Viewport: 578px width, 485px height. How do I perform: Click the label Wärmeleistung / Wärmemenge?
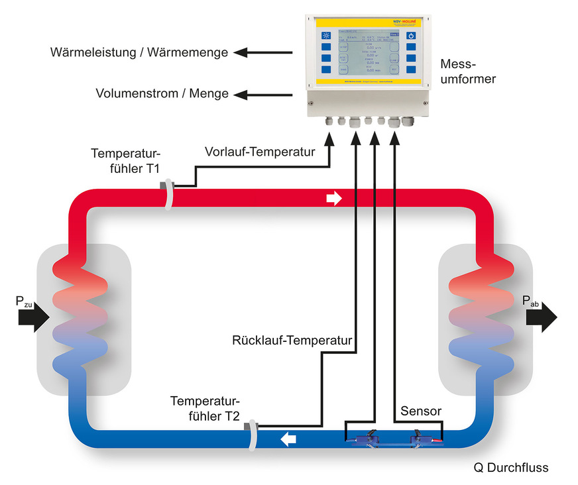pyautogui.click(x=139, y=52)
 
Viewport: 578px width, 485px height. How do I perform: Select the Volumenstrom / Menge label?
pyautogui.click(x=162, y=93)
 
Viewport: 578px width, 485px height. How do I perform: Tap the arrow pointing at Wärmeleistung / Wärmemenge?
pyautogui.click(x=265, y=52)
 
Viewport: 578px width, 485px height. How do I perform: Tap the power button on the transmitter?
pyautogui.click(x=411, y=36)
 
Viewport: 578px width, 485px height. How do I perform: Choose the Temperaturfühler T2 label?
pyautogui.click(x=205, y=409)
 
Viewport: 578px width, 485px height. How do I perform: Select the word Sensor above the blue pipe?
pyautogui.click(x=421, y=411)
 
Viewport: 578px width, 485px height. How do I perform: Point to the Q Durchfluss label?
pyautogui.click(x=510, y=468)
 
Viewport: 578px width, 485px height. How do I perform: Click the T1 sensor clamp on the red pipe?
pyautogui.click(x=169, y=194)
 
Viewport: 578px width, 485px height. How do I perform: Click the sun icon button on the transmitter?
pyautogui.click(x=325, y=36)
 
